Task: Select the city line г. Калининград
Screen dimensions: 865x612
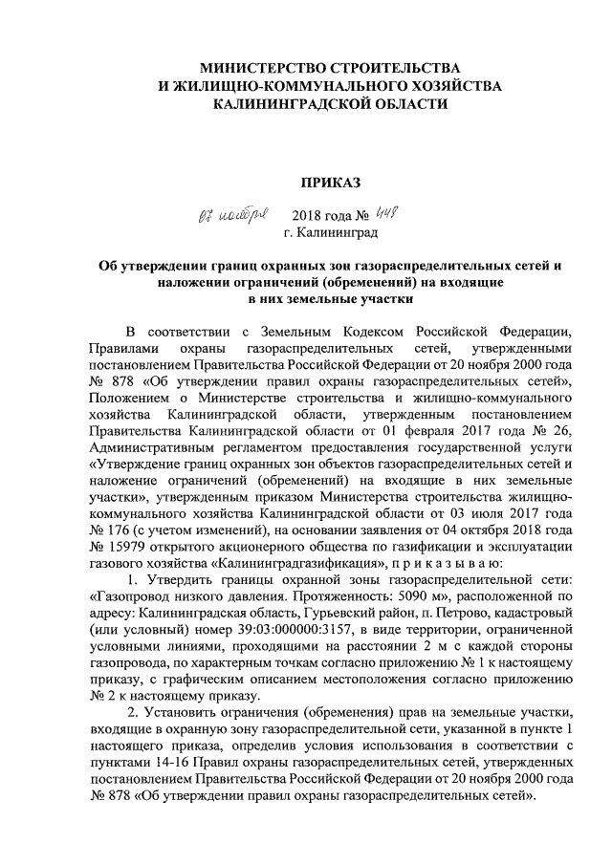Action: [x=330, y=232]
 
